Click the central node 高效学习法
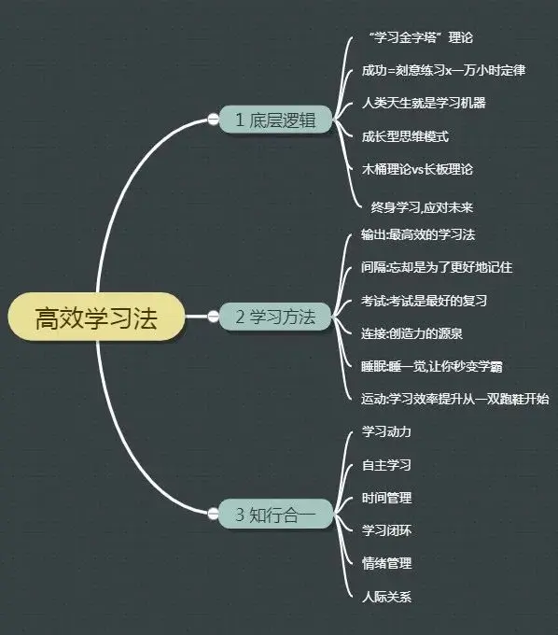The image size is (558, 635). (97, 317)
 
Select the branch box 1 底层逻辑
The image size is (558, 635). (275, 120)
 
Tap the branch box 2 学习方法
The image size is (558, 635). (275, 317)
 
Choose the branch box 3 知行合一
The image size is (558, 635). (275, 514)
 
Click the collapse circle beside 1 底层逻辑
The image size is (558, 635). (214, 120)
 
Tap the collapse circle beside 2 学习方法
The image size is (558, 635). (214, 317)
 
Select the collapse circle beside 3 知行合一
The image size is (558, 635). (214, 514)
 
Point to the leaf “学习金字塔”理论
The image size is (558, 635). (421, 37)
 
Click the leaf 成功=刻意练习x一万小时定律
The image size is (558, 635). (443, 70)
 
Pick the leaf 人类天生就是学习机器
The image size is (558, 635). (424, 103)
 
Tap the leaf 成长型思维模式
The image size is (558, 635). (405, 136)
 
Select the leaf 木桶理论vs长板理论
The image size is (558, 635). (417, 169)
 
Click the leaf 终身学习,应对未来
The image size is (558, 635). (422, 207)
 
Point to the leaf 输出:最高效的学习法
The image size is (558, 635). (418, 234)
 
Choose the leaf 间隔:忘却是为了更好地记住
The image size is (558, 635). (437, 267)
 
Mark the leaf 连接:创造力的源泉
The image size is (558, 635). (412, 333)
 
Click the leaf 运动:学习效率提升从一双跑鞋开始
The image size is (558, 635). (455, 399)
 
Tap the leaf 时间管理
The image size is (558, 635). (387, 498)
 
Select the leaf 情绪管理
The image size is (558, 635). (387, 563)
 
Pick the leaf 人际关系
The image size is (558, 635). (387, 597)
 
